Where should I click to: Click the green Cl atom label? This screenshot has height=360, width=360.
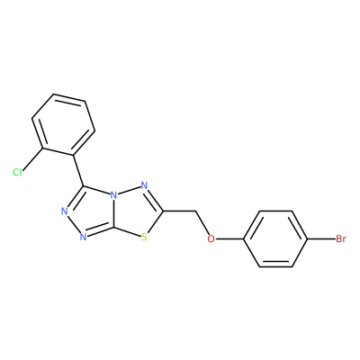pyautogui.click(x=17, y=173)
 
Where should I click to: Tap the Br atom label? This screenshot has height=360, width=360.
pyautogui.click(x=341, y=239)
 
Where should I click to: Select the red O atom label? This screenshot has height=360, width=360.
pyautogui.click(x=211, y=239)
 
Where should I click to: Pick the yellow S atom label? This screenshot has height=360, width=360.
pyautogui.click(x=144, y=238)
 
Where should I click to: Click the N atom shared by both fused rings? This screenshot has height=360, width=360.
pyautogui.click(x=113, y=195)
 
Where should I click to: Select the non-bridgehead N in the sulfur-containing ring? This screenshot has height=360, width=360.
pyautogui.click(x=144, y=185)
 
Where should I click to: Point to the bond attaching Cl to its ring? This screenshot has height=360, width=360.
pyautogui.click(x=33, y=158)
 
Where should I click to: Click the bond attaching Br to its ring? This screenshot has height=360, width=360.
pyautogui.click(x=322, y=239)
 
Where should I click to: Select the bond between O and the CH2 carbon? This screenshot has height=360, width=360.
pyautogui.click(x=203, y=223)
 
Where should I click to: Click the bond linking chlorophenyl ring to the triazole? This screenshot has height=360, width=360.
pyautogui.click(x=78, y=170)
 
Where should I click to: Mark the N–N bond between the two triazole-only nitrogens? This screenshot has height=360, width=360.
pyautogui.click(x=74, y=224)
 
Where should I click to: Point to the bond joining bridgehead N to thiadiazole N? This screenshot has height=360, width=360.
pyautogui.click(x=129, y=191)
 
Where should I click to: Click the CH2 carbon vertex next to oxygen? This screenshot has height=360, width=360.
pyautogui.click(x=196, y=211)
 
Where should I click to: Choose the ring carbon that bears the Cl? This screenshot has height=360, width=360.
pyautogui.click(x=43, y=148)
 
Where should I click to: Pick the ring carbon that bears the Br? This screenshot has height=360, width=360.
pyautogui.click(x=308, y=239)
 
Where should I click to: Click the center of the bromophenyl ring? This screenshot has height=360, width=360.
pyautogui.click(x=275, y=239)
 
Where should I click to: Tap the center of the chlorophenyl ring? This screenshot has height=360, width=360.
pyautogui.click(x=64, y=125)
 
